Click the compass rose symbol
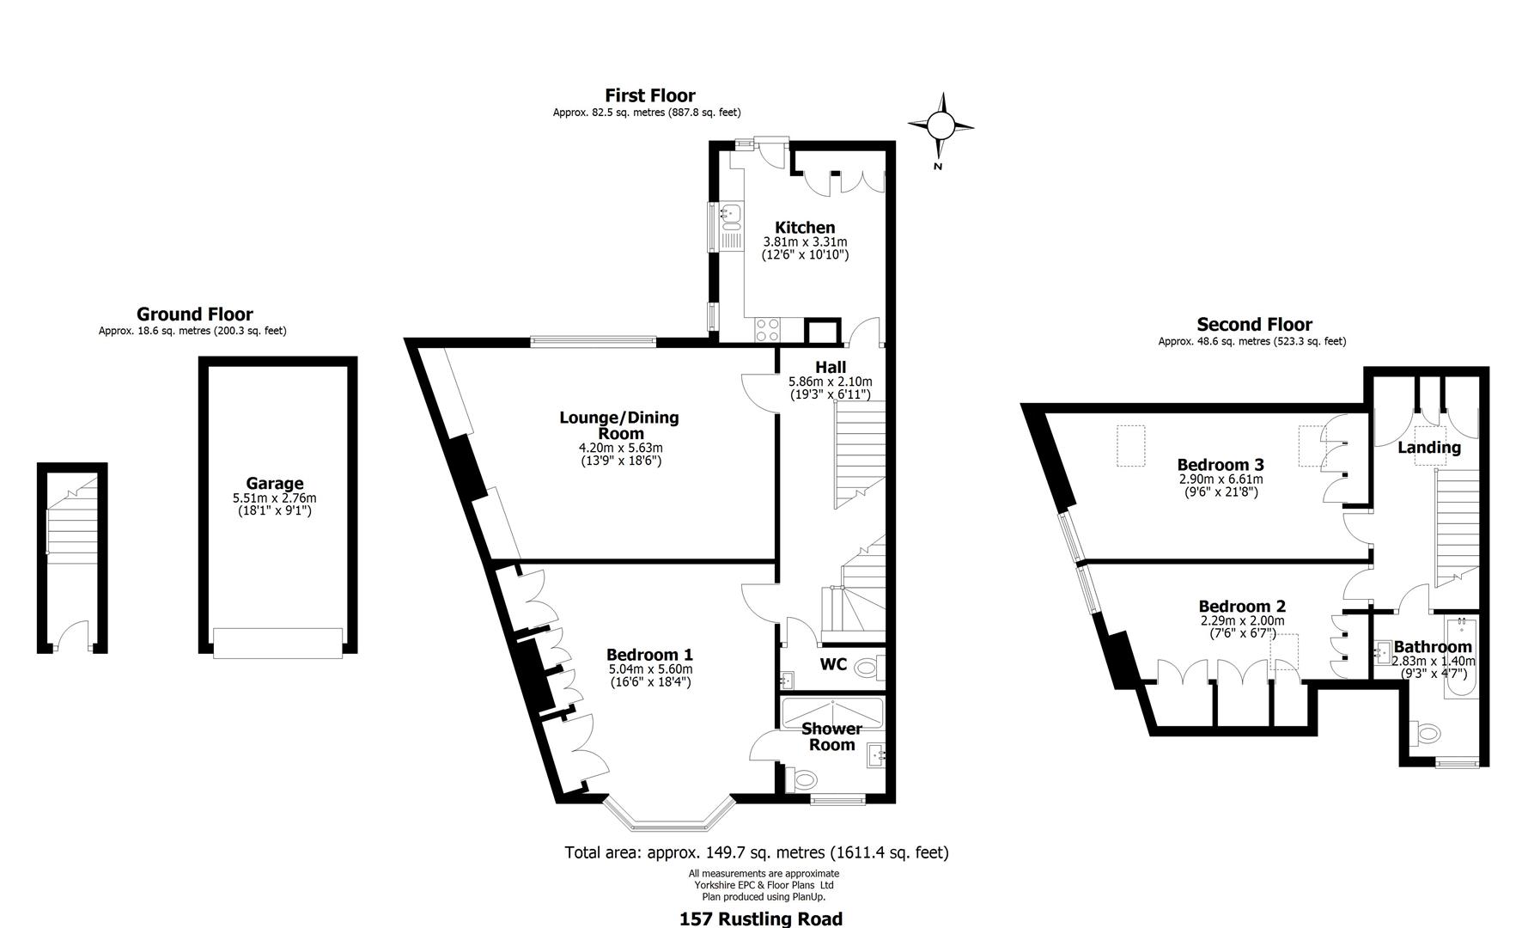[941, 127]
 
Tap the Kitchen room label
[805, 228]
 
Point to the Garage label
[275, 484]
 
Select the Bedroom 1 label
[649, 654]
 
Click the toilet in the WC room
[869, 666]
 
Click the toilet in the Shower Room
[805, 780]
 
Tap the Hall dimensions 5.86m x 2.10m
[830, 382]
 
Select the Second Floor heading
[1254, 325]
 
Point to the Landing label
[1428, 448]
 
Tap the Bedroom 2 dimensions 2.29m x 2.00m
[1242, 620]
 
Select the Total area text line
[756, 852]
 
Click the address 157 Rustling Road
[760, 919]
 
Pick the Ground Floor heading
[194, 314]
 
